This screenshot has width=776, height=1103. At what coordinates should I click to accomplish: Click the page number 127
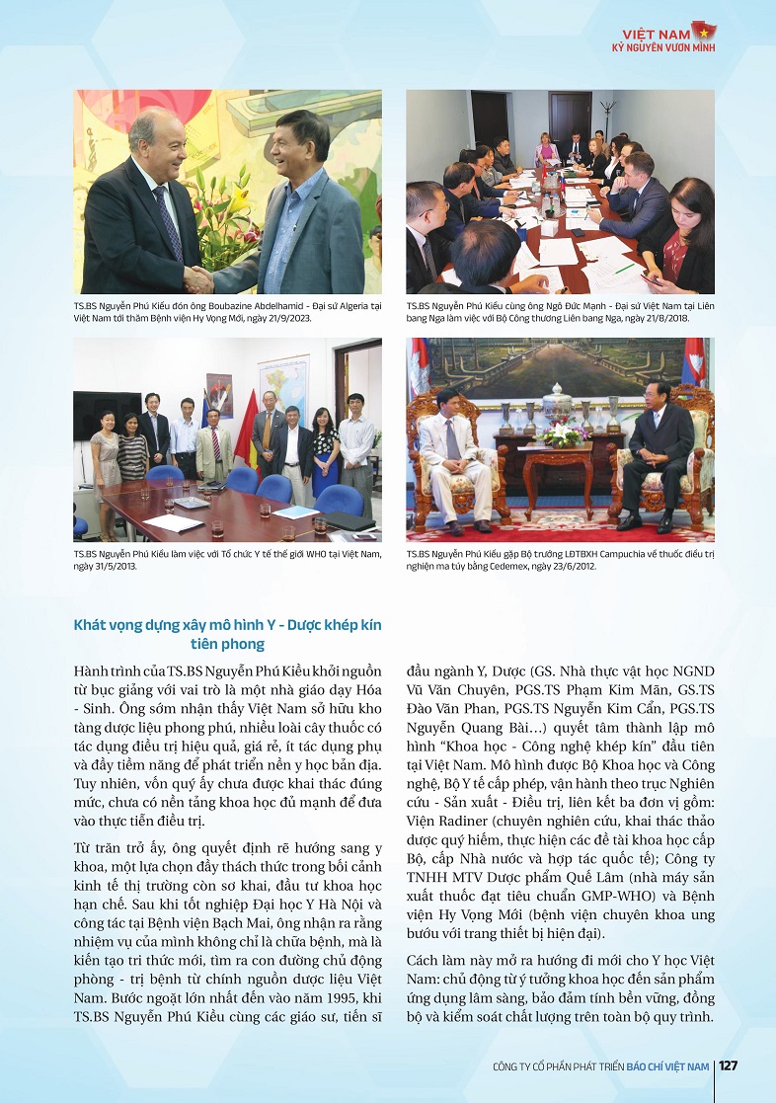pyautogui.click(x=728, y=1065)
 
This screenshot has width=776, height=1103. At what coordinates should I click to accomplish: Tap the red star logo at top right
pyautogui.click(x=703, y=29)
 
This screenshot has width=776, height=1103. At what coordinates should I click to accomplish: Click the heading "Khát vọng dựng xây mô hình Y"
pyautogui.click(x=227, y=625)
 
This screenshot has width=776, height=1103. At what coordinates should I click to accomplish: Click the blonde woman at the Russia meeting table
pyautogui.click(x=546, y=151)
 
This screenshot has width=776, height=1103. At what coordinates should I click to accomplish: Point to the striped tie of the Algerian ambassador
pyautogui.click(x=169, y=222)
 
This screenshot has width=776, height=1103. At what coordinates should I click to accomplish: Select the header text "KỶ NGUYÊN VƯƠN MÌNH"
pyautogui.click(x=662, y=46)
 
